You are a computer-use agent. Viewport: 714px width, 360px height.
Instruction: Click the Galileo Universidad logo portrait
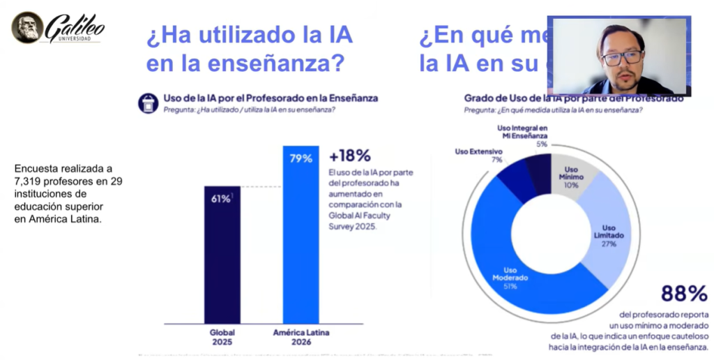click(27, 27)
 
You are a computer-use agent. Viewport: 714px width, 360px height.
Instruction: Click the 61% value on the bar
click(221, 199)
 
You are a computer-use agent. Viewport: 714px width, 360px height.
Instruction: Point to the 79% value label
click(301, 158)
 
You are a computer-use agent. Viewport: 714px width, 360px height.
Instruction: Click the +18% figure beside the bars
click(349, 156)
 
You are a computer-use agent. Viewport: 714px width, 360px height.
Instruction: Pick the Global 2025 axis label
click(222, 338)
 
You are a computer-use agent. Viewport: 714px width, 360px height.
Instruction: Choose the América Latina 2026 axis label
click(301, 338)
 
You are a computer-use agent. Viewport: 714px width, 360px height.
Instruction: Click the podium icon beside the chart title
click(148, 103)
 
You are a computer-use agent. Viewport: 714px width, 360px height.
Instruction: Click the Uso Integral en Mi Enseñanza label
click(522, 133)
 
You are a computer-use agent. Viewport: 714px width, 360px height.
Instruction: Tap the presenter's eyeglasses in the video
click(622, 58)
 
